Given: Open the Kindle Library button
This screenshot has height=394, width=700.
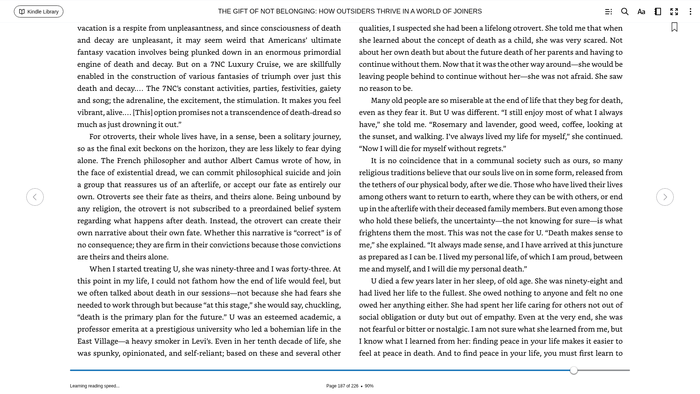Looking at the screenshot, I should coord(39,12).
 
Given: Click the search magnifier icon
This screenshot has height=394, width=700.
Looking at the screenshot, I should coord(625,12).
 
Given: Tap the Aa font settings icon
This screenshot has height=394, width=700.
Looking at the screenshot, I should coord(641,12).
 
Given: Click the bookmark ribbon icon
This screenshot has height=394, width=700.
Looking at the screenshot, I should coord(674,27).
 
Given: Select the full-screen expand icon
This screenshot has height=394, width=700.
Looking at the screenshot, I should coord(674,12).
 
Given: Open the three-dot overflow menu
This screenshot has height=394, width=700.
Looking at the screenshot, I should coord(690,12).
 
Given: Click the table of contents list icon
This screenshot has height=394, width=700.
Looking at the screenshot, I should coord(608,12).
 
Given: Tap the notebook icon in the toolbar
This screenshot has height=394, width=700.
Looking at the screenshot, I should coord(658,12).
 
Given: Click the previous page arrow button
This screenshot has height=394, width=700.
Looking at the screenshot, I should coord(35,197).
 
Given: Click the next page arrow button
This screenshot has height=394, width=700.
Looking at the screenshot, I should coord(665,197).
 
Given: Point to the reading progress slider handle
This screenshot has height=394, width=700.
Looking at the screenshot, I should coord(574,370).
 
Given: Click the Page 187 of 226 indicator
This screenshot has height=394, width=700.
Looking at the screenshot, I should coord(342,386).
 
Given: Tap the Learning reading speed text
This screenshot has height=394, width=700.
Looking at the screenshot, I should coord(95,386).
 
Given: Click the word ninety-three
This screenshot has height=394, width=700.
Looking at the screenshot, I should coord(232,269).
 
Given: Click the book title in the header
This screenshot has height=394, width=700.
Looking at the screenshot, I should coord(350,11).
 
